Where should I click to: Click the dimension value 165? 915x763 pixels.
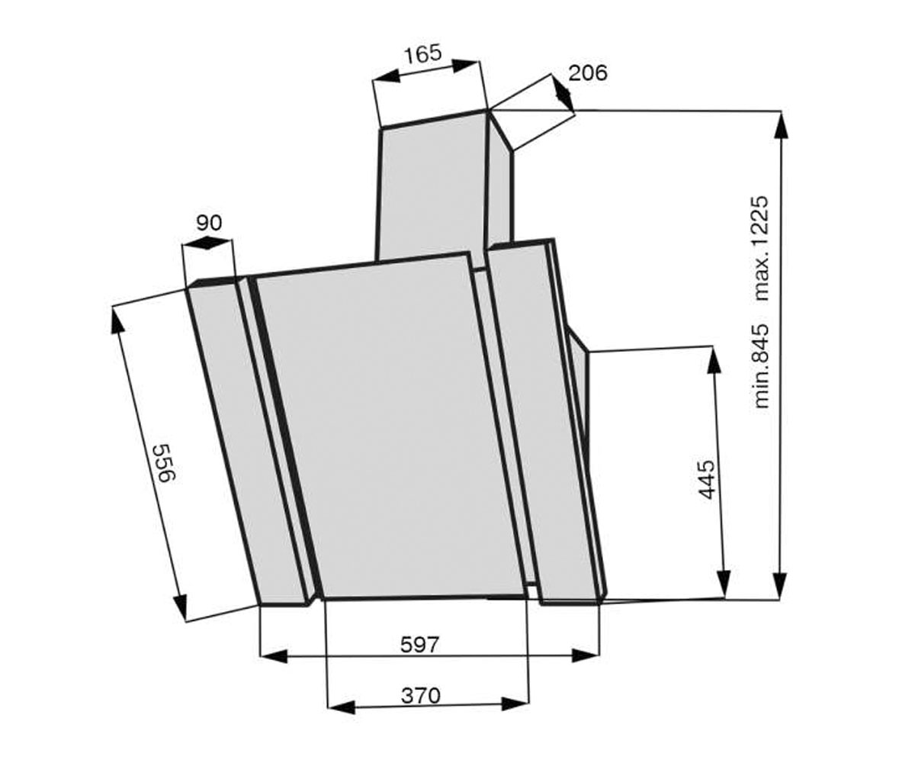422,54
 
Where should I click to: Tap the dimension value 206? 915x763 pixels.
588,72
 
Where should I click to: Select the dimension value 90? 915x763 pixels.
209,224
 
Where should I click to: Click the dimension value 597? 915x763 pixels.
419,644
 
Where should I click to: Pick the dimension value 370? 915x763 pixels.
420,695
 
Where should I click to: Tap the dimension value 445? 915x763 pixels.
705,479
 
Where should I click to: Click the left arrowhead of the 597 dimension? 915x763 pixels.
273,656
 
